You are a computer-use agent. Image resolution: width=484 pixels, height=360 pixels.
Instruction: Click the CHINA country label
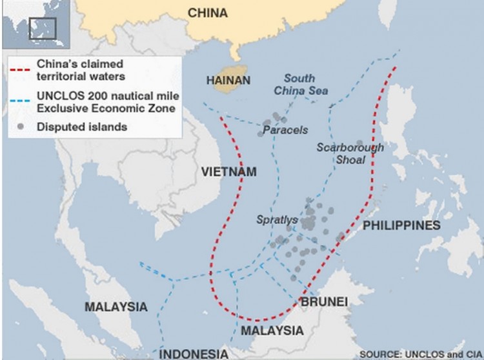pos(207,13)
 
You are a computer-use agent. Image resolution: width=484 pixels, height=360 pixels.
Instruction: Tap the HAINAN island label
pos(228,81)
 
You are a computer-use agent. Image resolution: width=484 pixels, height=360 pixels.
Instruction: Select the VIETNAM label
pos(228,172)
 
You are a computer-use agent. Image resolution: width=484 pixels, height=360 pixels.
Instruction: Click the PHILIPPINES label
pos(401,225)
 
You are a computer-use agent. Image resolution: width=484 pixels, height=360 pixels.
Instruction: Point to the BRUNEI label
pos(324,302)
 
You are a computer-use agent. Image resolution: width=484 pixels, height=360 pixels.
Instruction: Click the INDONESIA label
pos(194,354)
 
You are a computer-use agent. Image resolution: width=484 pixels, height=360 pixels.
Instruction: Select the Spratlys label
pos(277,220)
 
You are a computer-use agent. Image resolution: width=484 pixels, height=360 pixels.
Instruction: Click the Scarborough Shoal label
pos(350,154)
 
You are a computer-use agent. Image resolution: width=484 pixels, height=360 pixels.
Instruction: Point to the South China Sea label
pos(301,85)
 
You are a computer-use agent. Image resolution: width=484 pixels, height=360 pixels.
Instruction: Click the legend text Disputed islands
pos(82,127)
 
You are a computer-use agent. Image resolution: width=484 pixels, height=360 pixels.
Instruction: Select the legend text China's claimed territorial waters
pos(80,70)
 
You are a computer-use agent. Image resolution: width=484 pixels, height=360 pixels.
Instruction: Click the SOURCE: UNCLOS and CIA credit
pos(419,354)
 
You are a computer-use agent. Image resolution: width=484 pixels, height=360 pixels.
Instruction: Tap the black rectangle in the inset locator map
pos(43,28)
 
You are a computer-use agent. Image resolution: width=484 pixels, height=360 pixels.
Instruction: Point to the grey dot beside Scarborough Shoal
pos(359,143)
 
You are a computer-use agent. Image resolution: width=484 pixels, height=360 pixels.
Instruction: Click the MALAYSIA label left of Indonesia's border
pos(116,306)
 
